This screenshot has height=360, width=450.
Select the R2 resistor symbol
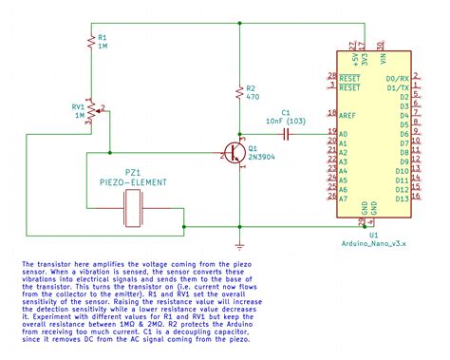[x=234, y=95]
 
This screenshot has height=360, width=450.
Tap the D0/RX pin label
[x=398, y=77]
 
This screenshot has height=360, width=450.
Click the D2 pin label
[x=404, y=97]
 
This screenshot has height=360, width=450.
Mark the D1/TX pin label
[x=398, y=86]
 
